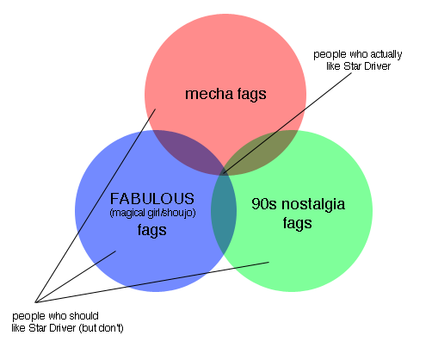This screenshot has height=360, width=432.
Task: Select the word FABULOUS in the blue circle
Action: [x=152, y=199]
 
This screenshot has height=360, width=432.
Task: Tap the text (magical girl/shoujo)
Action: [x=152, y=213]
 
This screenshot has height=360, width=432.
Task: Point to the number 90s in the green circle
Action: [x=264, y=204]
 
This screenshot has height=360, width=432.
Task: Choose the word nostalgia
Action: [x=313, y=205]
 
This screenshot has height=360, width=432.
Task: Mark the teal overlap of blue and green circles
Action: [x=224, y=213]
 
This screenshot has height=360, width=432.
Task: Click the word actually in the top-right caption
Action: [x=386, y=54]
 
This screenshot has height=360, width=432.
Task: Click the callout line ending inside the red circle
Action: [x=96, y=206]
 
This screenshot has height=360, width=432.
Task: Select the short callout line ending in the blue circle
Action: [x=76, y=276]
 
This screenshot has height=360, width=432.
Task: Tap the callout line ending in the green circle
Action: [x=152, y=282]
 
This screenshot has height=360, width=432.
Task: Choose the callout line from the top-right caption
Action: [x=287, y=123]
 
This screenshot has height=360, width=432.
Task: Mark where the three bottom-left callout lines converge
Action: [x=35, y=302]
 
